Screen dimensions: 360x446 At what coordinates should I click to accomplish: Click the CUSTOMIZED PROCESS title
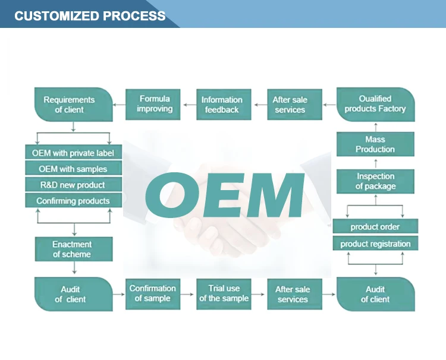[x=90, y=15]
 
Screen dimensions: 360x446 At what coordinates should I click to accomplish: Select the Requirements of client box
[x=73, y=105]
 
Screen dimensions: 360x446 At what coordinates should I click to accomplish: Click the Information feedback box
[x=222, y=105]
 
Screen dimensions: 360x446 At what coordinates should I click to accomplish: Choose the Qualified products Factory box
[x=375, y=104]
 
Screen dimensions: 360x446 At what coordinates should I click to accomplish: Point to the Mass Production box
[x=375, y=144]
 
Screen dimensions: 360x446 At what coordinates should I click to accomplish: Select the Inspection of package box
[x=375, y=181]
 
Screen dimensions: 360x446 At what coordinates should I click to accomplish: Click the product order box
[x=375, y=226]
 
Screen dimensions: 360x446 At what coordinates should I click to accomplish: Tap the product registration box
[x=375, y=244]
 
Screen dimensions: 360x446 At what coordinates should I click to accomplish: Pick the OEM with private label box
[x=73, y=152]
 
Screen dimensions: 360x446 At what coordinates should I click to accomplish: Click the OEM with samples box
[x=73, y=169]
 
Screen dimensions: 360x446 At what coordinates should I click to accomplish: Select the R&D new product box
[x=73, y=185]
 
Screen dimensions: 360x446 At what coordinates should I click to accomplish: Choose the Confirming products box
[x=73, y=201]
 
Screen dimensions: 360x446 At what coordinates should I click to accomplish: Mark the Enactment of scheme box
[x=73, y=250]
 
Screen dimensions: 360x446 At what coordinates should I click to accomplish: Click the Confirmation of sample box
[x=153, y=293]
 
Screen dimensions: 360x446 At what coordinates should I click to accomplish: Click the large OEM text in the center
[x=224, y=195]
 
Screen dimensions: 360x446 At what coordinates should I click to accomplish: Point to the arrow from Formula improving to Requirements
[x=119, y=105]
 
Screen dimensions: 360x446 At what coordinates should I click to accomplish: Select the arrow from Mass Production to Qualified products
[x=375, y=126]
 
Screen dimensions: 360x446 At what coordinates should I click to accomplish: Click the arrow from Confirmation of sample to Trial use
[x=188, y=293]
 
